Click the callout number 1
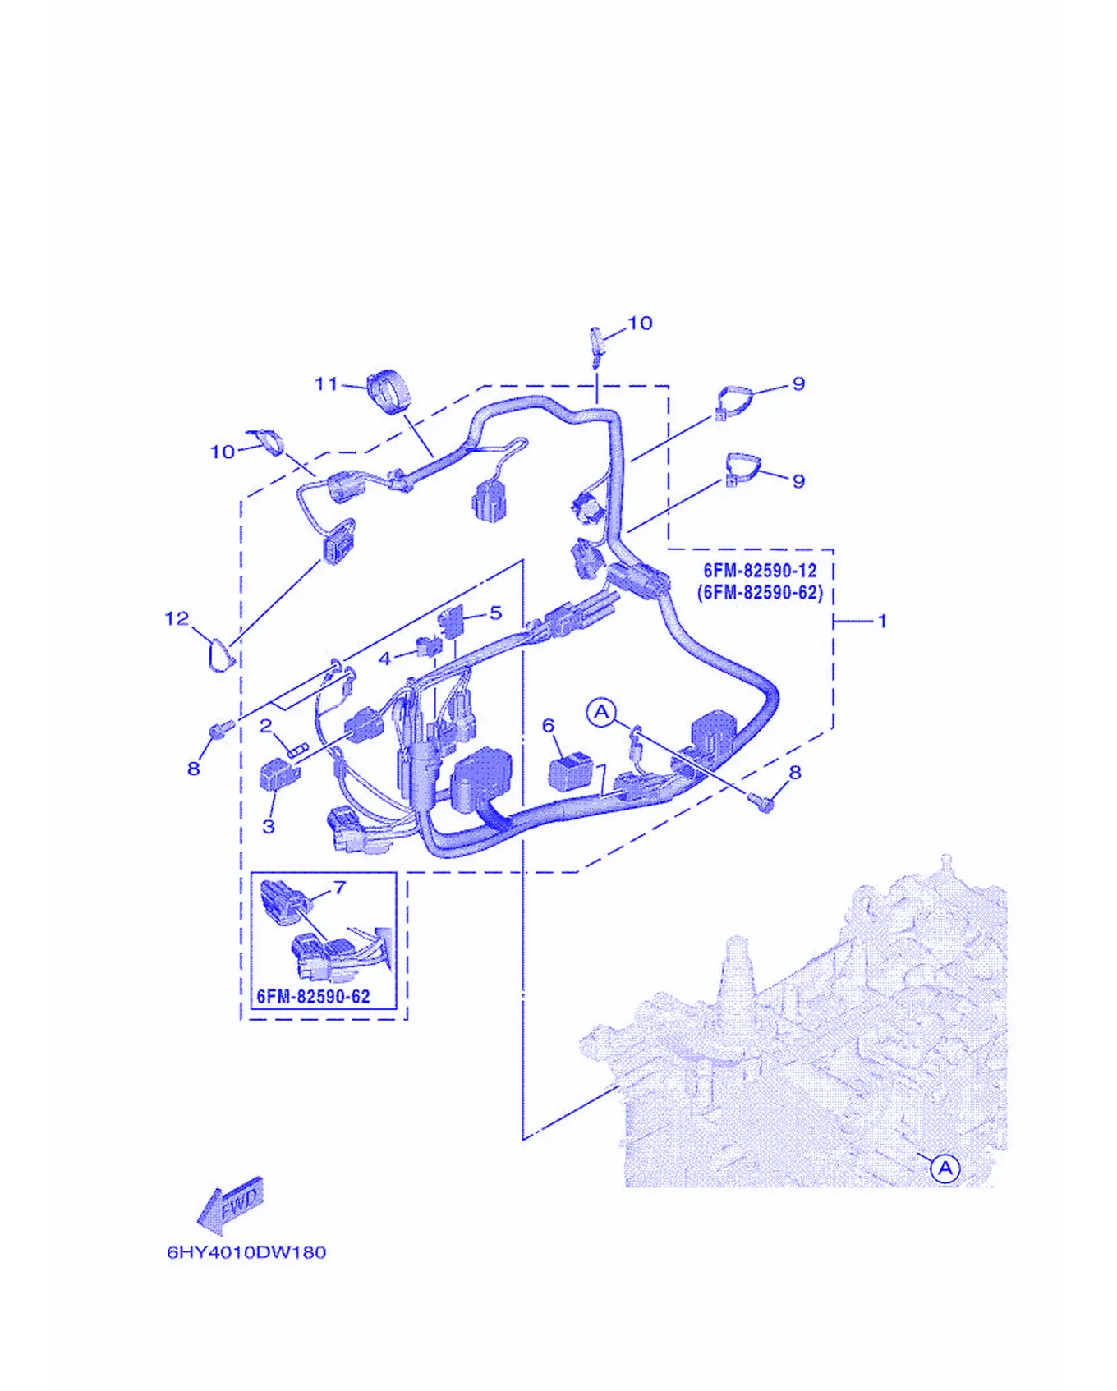[x=882, y=622]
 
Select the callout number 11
[x=326, y=383]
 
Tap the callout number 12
[x=177, y=618]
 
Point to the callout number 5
[x=495, y=613]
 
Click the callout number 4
[x=384, y=659]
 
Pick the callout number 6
[x=548, y=726]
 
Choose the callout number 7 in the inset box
[x=340, y=888]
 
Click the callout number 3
[x=269, y=826]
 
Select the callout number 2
[x=266, y=726]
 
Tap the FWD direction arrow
[x=232, y=1205]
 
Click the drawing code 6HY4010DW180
[x=246, y=1253]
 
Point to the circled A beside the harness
[x=602, y=712]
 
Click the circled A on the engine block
[x=945, y=1168]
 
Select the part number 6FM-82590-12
[x=760, y=571]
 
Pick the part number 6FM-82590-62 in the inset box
[x=314, y=997]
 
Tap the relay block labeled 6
[x=570, y=772]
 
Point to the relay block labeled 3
[x=279, y=774]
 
